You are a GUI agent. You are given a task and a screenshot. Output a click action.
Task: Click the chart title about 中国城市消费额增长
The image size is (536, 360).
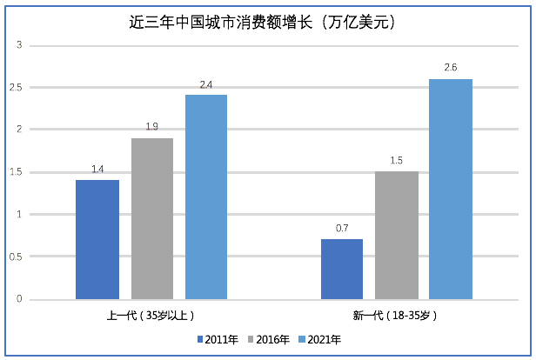tap(267, 23)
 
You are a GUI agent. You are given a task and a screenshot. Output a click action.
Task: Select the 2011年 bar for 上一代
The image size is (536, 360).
tap(97, 239)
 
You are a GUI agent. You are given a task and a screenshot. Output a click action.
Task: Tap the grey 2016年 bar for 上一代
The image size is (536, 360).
tap(152, 218)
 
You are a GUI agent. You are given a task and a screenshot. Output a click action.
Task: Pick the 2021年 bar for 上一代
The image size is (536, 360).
tap(206, 197)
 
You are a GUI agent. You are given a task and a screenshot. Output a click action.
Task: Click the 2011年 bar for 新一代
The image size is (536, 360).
tap(342, 269)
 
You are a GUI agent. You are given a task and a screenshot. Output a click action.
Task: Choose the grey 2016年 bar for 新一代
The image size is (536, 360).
tap(397, 235)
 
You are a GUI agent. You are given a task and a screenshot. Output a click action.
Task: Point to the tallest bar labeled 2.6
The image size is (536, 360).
tap(451, 189)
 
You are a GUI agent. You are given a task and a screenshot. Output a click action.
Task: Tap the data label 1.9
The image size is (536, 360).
tap(152, 128)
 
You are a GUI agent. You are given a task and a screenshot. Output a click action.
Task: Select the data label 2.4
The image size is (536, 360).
tap(206, 85)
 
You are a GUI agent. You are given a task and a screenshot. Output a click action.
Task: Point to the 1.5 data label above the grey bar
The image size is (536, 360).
tap(397, 162)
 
